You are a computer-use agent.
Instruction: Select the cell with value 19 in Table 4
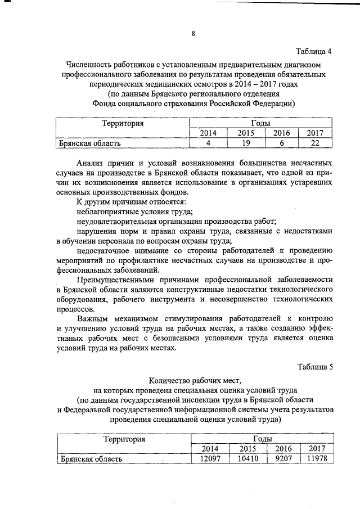[x=245, y=143]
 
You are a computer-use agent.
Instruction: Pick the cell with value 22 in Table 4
[x=315, y=143]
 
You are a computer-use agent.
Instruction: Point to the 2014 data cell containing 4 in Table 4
[x=209, y=143]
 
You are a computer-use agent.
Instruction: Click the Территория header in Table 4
[x=123, y=123]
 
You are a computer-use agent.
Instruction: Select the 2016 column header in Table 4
[x=281, y=133]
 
